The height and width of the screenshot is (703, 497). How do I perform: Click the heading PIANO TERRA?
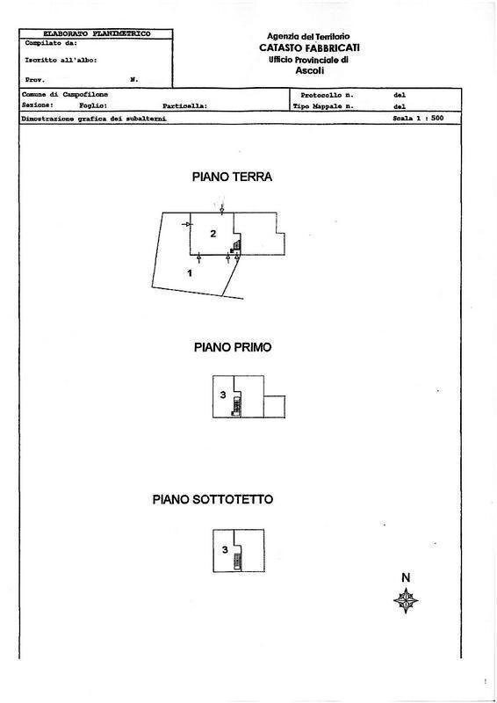coord(232,177)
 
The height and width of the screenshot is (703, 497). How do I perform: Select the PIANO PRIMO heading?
coord(232,347)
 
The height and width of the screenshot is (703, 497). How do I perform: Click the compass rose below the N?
coord(406,600)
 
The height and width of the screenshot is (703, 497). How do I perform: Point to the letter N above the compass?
coord(406,577)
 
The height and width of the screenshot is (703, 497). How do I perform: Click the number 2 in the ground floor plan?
coord(213,233)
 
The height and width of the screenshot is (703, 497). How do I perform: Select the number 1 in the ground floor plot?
coord(190,273)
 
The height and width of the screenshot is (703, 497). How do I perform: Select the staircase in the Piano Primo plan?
coord(235,407)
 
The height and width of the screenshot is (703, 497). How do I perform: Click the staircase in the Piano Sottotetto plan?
coord(235,559)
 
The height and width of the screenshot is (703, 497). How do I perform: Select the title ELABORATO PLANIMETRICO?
coord(84,33)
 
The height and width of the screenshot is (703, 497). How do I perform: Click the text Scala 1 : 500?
coord(418,116)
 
